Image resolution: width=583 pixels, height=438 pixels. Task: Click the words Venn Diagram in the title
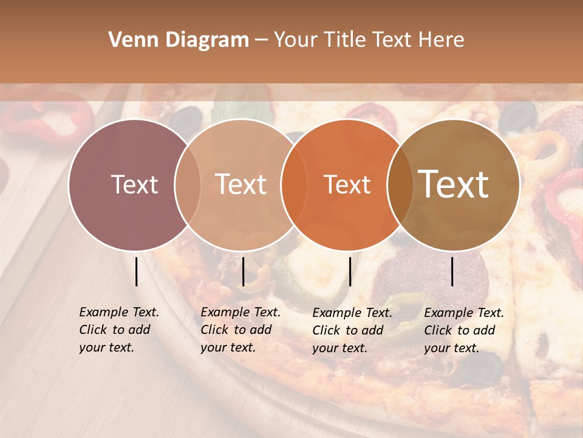tap(179, 40)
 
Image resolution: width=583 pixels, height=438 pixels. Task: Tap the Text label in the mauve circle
tap(135, 184)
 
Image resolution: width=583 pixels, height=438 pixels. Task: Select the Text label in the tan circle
tap(241, 184)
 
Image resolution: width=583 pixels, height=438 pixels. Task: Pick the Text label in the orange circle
tap(347, 184)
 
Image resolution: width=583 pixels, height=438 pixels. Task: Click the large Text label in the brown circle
tap(454, 184)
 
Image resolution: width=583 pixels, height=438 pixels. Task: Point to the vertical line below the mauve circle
tap(136, 271)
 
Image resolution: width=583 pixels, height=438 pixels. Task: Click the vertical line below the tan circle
tap(243, 271)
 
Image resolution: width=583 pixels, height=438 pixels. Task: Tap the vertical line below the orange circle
tap(350, 271)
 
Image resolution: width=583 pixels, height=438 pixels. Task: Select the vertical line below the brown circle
tap(452, 271)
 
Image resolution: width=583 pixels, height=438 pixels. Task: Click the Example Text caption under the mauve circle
tap(119, 330)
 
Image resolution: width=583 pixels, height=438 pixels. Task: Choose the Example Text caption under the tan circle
tap(240, 330)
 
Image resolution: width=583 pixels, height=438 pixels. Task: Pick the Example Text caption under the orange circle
tap(352, 330)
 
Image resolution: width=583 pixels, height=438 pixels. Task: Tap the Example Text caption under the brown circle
tap(464, 330)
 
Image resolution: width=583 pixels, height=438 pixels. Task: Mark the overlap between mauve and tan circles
tap(188, 184)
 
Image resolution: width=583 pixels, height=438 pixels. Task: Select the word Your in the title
tap(296, 40)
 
